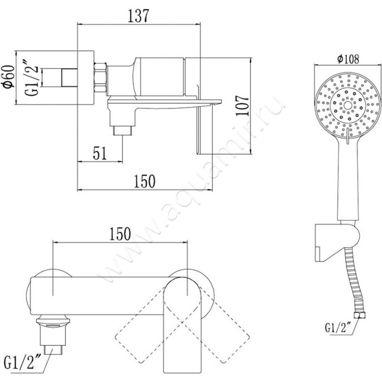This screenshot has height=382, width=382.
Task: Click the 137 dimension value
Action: (138, 16)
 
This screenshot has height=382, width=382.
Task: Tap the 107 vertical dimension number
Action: (243, 106)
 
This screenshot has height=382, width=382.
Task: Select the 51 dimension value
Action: (100, 153)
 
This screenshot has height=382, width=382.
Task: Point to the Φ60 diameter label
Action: (8, 76)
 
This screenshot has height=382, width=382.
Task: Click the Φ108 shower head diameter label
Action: (348, 59)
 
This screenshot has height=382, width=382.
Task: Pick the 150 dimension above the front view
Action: (120, 234)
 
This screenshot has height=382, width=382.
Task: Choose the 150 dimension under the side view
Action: (145, 181)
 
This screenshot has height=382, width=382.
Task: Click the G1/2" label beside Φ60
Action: (32, 78)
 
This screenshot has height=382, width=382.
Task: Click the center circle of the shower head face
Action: (348, 105)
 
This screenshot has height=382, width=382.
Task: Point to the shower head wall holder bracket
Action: (337, 243)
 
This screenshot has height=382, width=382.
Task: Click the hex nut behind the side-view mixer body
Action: (100, 77)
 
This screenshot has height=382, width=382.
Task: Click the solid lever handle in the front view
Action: (182, 329)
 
